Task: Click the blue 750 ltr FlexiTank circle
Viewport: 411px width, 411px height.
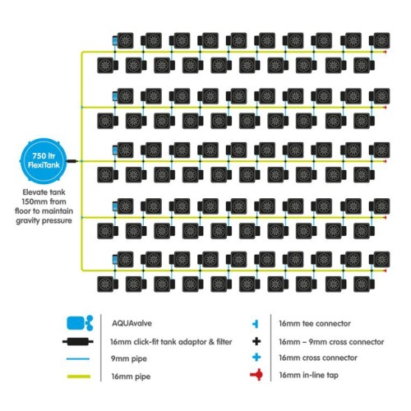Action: coord(44,161)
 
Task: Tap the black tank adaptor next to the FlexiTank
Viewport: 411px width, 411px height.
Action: coord(72,161)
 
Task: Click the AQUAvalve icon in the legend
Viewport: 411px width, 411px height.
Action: coord(80,323)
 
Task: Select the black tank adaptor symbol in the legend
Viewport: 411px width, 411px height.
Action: coord(78,342)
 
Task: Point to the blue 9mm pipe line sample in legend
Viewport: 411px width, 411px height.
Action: coord(78,358)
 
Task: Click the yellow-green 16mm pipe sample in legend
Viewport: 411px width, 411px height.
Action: coord(79,376)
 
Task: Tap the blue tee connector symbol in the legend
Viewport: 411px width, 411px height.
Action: coord(256,324)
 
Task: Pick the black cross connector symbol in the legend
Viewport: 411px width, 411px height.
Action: coord(256,341)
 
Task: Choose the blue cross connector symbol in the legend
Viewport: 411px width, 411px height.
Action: coord(256,358)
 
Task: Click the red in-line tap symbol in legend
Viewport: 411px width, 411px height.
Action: coord(256,375)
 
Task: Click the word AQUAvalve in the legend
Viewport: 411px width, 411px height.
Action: coord(132,323)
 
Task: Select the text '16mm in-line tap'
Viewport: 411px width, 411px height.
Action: coord(308,375)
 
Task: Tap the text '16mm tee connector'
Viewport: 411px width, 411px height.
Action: coord(315,324)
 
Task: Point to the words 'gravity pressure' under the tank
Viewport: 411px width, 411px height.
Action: coord(44,220)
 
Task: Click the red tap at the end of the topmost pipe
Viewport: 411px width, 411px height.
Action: coord(385,52)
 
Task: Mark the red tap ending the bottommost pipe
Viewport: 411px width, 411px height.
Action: coord(385,270)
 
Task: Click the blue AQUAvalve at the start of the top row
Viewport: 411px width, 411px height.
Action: coord(115,41)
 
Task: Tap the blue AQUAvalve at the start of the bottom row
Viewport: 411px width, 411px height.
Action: coord(115,260)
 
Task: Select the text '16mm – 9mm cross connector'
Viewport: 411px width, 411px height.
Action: coord(331,342)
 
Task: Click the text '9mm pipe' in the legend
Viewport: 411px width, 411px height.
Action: coord(129,358)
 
